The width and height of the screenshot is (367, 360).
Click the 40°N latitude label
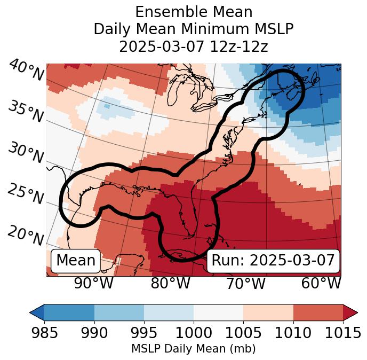26,71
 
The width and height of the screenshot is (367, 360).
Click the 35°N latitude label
25,111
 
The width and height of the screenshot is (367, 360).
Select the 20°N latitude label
25,234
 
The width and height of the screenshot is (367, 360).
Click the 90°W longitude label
94,283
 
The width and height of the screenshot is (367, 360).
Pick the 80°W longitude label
170,283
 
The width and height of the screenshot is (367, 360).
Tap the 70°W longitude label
245,283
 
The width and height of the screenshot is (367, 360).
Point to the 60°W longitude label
321,283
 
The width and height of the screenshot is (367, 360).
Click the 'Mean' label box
76,261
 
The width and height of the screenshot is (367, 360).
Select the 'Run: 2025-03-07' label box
273,261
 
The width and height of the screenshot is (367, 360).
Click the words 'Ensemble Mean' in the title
194,12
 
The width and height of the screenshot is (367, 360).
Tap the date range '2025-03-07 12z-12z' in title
194,46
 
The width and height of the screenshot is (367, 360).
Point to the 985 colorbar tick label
44,333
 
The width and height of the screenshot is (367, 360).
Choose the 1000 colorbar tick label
194,333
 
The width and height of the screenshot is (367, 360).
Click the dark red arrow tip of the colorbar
350,312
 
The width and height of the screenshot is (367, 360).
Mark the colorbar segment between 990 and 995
119,312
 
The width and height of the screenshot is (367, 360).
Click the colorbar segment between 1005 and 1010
268,312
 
